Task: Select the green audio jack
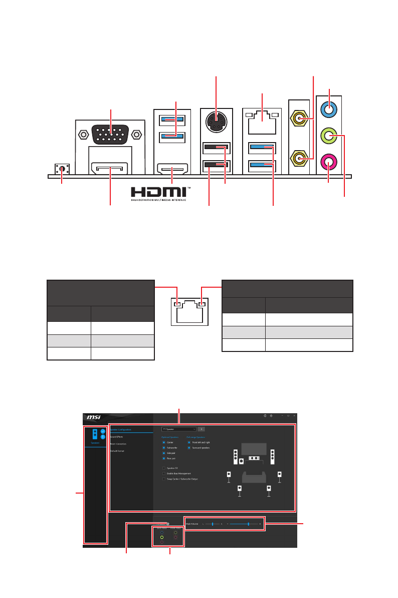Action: tap(329, 136)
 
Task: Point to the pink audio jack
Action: tap(329, 162)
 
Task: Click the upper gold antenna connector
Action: tap(300, 119)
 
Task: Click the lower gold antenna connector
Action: tap(300, 159)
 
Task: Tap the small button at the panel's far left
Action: tap(62, 170)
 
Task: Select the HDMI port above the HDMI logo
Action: tap(172, 169)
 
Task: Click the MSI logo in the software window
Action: tap(93, 417)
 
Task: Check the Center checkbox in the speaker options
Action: tap(163, 442)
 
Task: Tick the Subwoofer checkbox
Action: tap(163, 447)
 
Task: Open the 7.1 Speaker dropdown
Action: tap(179, 429)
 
